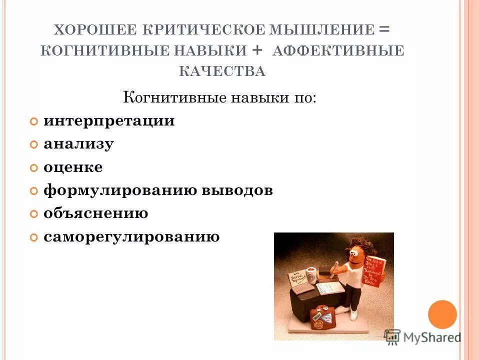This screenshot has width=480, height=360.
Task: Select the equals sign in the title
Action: click(384, 29)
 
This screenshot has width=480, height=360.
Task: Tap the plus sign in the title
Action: click(257, 50)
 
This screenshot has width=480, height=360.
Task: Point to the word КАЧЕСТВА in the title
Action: click(222, 72)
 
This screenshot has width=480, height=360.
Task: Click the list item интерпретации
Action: click(109, 121)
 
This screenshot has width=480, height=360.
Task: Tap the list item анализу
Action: click(78, 144)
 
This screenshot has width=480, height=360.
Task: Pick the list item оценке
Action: click(73, 167)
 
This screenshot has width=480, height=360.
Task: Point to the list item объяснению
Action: click(95, 213)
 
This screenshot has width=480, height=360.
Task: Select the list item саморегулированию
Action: click(131, 236)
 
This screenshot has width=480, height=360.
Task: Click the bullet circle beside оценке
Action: click(33, 168)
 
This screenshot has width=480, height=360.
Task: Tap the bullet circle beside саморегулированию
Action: click(33, 237)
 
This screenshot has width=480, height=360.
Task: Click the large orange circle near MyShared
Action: click(442, 314)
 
